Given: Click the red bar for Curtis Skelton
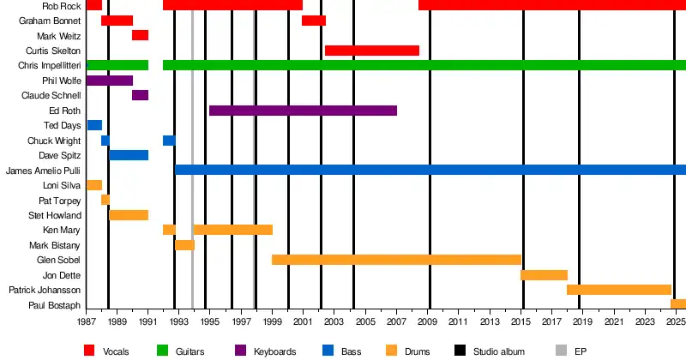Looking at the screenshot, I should coord(372,51).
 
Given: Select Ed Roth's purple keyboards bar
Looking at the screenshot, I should coord(303,111).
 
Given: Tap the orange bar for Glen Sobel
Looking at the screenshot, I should coord(396,260).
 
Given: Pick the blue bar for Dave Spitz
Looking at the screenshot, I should coord(129,155).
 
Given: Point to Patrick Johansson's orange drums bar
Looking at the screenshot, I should coord(618,290).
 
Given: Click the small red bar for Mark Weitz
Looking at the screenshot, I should coord(140,35).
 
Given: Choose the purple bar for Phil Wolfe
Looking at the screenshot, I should coord(110,81).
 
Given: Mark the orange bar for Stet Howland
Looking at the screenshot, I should coord(129,215).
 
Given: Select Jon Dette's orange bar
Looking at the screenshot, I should coord(544,275).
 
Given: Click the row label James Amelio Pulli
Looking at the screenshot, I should coord(43,171).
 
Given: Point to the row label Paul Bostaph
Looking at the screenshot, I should coord(55,305).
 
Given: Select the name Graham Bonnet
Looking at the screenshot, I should coord(50,21).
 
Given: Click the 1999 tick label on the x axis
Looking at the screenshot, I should coord(273,321).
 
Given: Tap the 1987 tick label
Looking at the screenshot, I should coord(87,321).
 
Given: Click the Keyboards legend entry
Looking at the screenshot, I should coord(275,351).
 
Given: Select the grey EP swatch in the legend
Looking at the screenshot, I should coord(562,350).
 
